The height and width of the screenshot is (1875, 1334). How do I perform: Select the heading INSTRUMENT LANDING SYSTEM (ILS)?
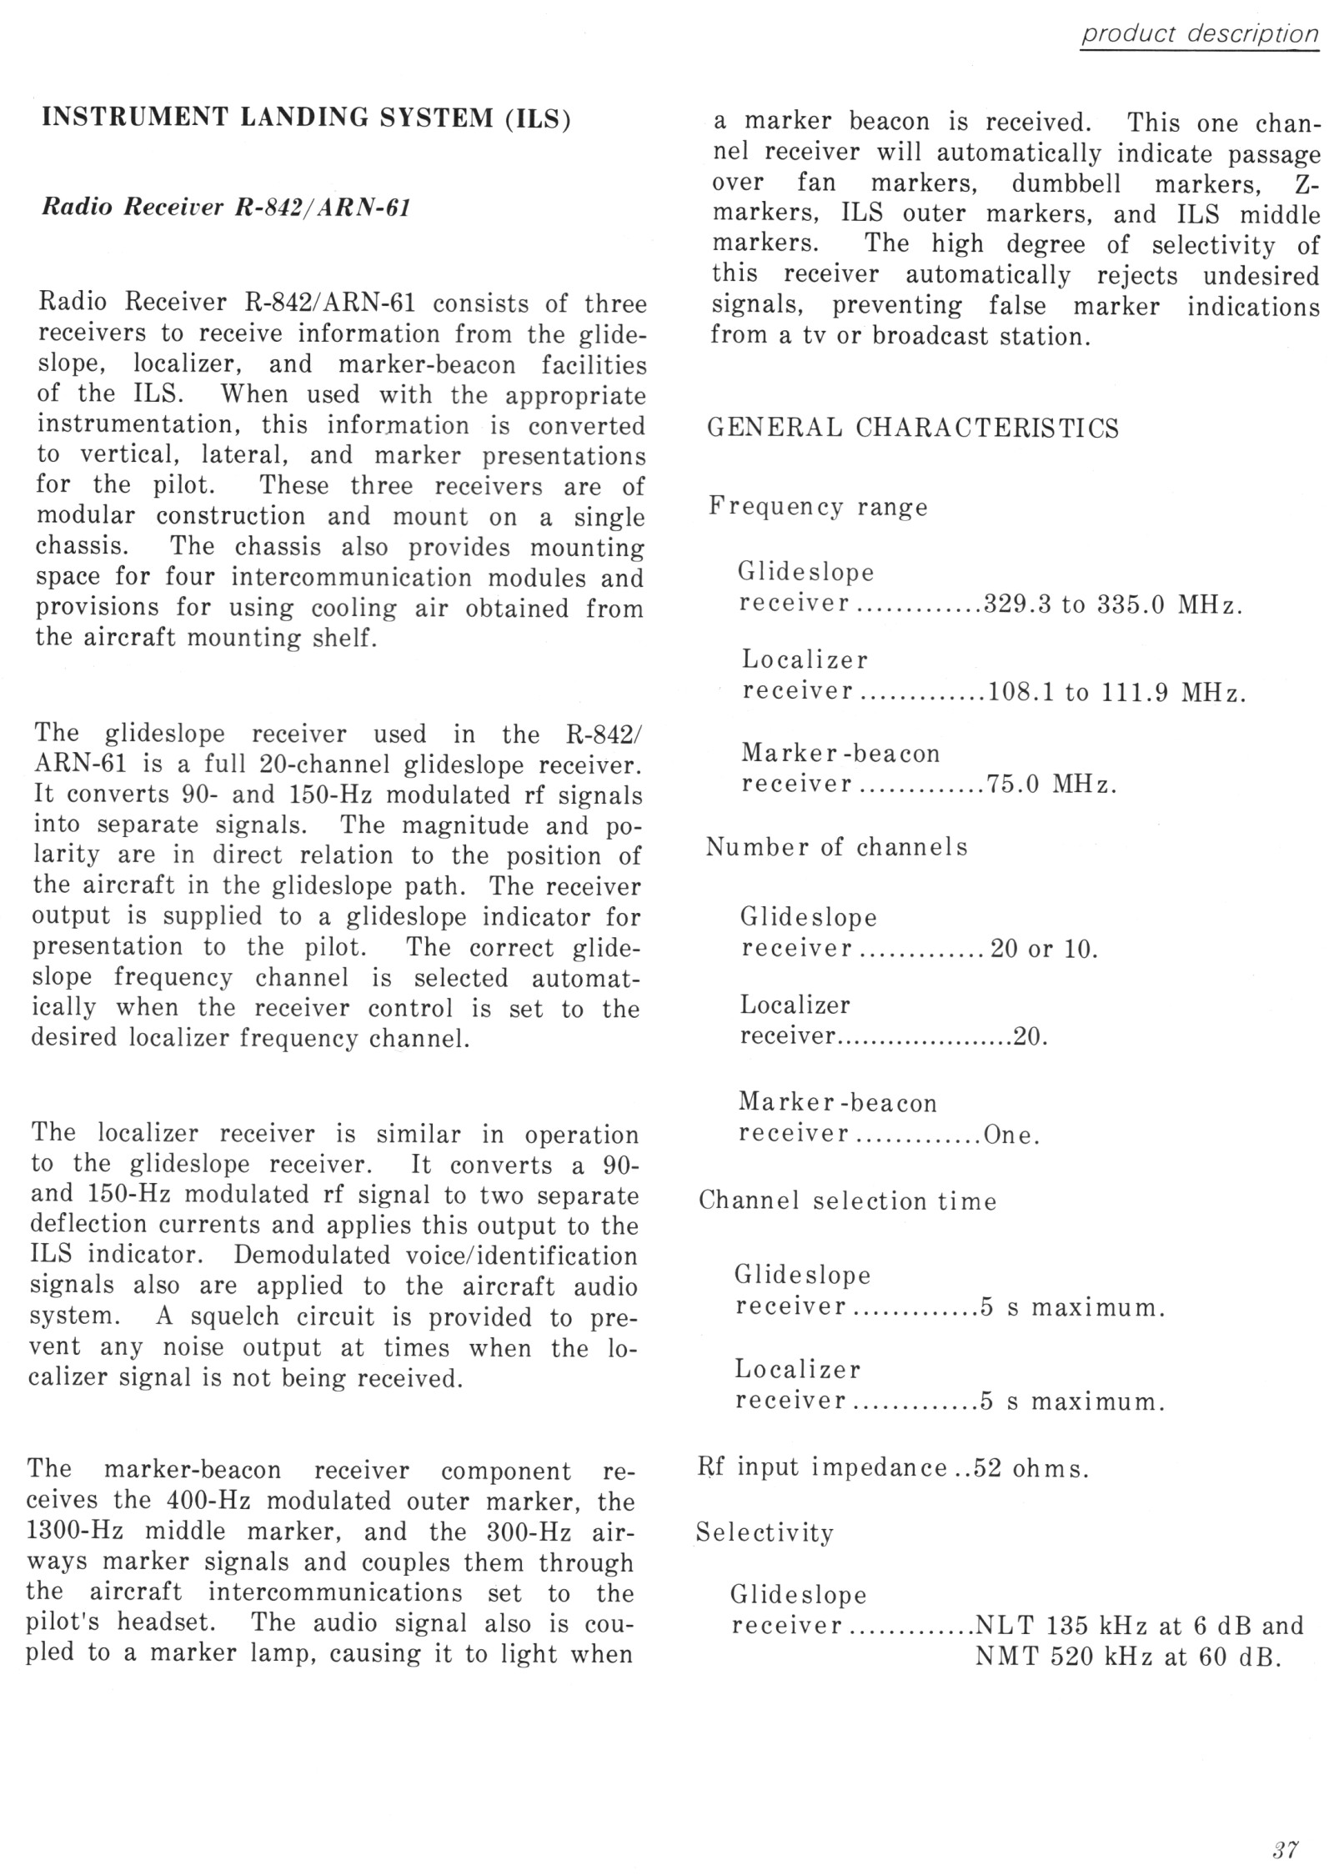pos(306,118)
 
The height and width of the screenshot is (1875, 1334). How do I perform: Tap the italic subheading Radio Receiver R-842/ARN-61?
pos(226,208)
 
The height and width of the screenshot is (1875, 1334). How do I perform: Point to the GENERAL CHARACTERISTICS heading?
pos(912,429)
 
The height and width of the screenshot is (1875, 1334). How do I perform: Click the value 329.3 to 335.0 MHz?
pos(1113,604)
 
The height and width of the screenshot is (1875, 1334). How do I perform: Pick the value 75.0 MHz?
pos(1051,785)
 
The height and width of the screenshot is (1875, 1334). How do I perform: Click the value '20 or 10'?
pos(1043,950)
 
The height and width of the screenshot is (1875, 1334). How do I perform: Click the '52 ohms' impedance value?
pos(1031,1468)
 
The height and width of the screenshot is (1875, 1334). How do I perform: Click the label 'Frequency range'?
pos(818,507)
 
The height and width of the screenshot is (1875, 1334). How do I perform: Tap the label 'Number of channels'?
pos(836,848)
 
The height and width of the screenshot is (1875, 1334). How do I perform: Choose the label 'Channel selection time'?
pos(847,1201)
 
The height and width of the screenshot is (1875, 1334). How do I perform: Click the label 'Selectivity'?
pos(765,1532)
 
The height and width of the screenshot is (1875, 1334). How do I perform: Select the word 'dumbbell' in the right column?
pos(1066,183)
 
